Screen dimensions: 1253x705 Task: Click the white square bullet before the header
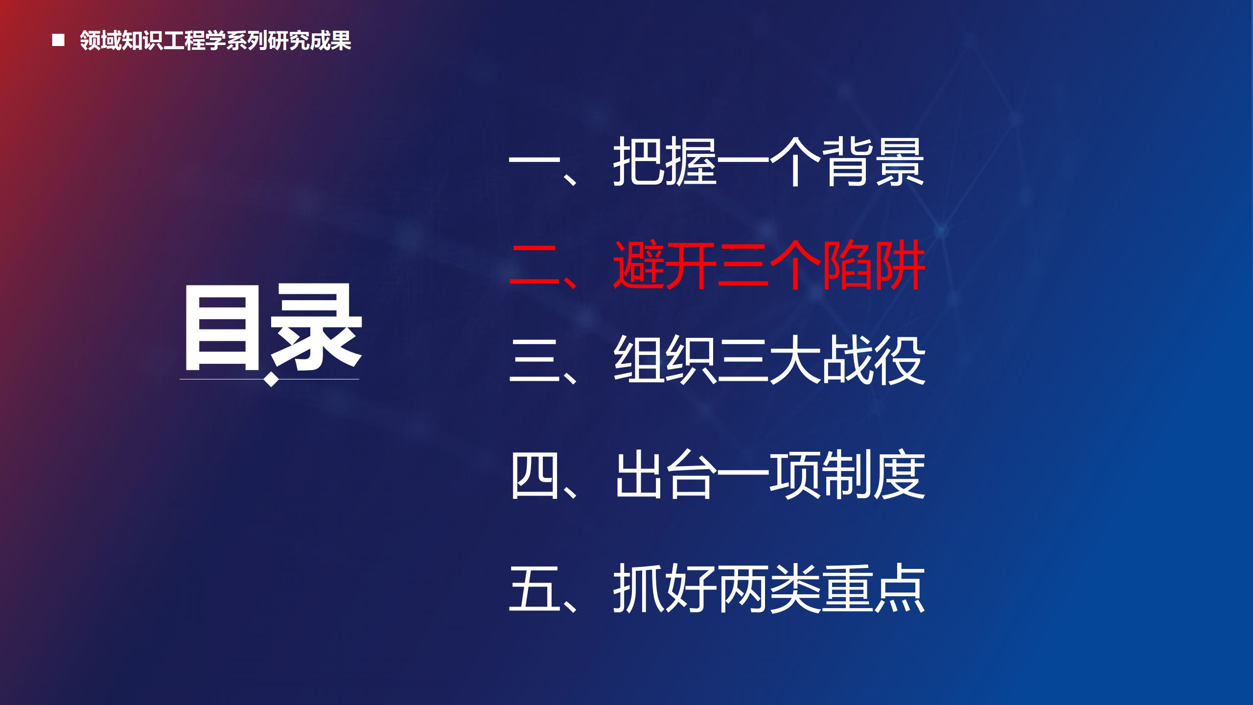point(58,40)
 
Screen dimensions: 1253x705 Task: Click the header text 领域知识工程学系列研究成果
point(215,40)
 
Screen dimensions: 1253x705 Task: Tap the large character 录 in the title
point(316,327)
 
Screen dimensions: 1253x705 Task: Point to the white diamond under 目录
point(271,379)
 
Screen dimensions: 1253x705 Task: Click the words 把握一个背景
point(768,162)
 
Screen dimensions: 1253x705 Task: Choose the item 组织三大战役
point(769,360)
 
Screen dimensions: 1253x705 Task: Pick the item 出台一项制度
point(770,474)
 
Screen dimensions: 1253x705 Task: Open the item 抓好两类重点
point(769,588)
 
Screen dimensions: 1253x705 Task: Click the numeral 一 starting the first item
point(534,161)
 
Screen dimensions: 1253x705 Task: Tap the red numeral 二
point(534,265)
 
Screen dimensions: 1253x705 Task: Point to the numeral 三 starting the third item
point(534,360)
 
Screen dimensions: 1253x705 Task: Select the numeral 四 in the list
point(534,475)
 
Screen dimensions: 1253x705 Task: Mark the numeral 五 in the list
point(534,588)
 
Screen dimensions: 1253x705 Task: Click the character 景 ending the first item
point(900,162)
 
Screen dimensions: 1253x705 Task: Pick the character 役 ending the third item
point(900,360)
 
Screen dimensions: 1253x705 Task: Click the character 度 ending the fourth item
point(900,474)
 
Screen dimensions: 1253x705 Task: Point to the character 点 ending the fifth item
point(900,588)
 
